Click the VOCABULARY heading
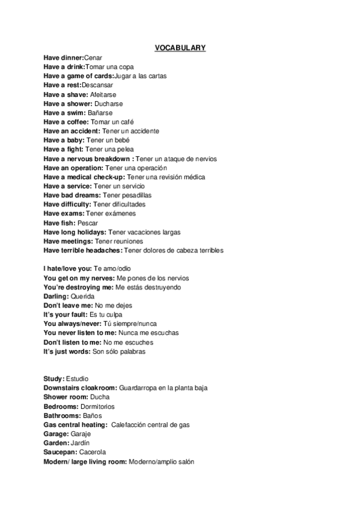[180, 48]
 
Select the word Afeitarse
[103, 94]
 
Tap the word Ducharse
[109, 103]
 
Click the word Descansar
[97, 85]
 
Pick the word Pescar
[88, 223]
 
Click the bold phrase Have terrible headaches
[82, 250]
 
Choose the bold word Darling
[56, 296]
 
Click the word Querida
[82, 296]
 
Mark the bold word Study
[53, 379]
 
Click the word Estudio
[77, 379]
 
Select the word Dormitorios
[97, 407]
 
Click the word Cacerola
[91, 452]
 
